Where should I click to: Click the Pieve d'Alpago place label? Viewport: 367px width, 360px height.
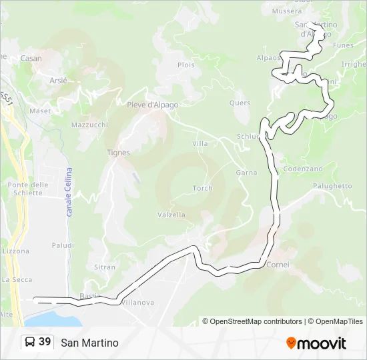[153, 105]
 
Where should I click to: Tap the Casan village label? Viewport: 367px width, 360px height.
[31, 59]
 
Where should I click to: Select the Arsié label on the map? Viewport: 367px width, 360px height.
[59, 80]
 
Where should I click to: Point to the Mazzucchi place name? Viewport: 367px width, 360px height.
[89, 125]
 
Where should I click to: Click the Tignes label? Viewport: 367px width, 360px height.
[118, 153]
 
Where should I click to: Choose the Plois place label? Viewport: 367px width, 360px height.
[186, 65]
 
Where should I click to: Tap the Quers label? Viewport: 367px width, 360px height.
[240, 103]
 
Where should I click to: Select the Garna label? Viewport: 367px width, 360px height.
[246, 173]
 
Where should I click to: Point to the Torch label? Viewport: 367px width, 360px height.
[203, 189]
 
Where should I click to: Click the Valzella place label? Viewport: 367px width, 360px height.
[171, 215]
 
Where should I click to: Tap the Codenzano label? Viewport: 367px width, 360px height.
[303, 169]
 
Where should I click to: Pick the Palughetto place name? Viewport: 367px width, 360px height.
[332, 186]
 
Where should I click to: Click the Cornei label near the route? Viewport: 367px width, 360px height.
[278, 265]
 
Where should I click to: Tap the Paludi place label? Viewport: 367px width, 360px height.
[63, 245]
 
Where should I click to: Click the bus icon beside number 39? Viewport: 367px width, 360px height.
[30, 343]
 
